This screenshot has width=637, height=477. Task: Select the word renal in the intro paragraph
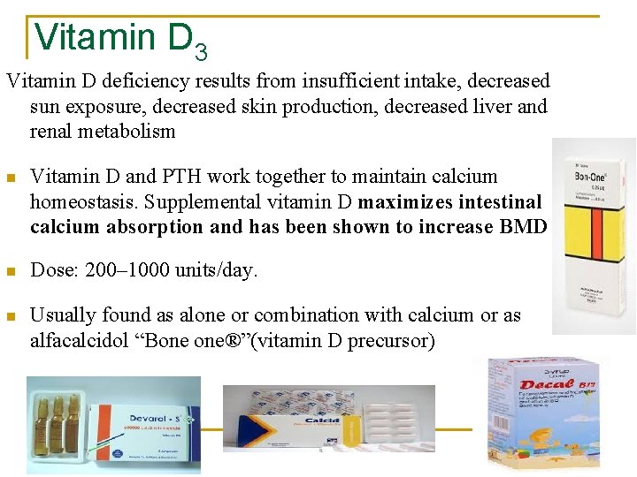[57, 132]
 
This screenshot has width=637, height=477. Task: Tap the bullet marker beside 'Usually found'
[12, 316]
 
